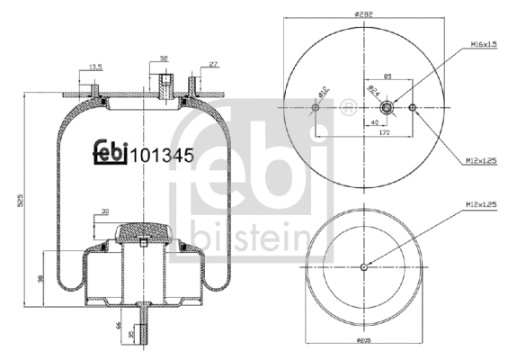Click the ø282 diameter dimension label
[x=364, y=13]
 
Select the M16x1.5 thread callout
[x=485, y=44]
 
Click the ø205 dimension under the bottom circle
[x=364, y=342]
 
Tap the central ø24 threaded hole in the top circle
[x=388, y=108]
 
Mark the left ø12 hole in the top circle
[x=314, y=108]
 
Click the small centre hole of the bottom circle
[x=364, y=266]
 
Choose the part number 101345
[x=163, y=154]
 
